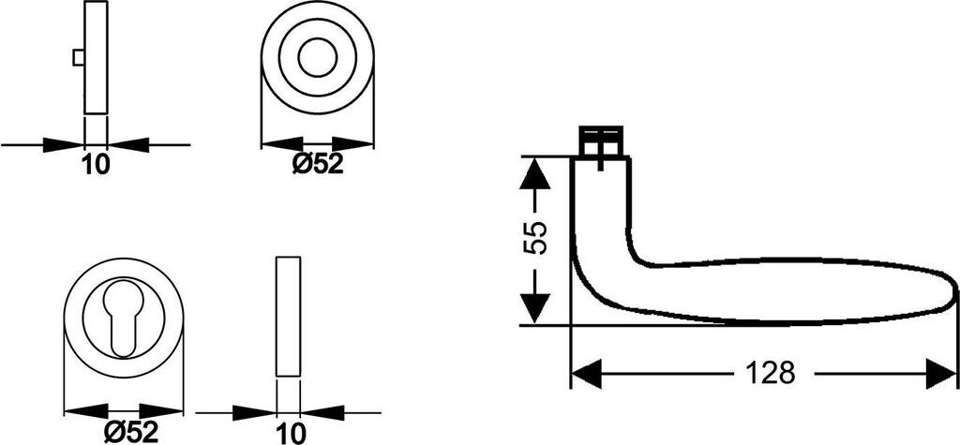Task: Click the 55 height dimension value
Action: (533, 240)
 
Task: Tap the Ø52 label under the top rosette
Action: (319, 165)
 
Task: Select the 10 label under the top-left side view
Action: (96, 165)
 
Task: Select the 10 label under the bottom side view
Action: (292, 432)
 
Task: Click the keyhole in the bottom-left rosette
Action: (124, 319)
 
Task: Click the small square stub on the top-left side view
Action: (78, 58)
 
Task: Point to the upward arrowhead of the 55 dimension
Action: (534, 173)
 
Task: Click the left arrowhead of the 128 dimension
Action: (586, 374)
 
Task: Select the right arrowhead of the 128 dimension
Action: (940, 374)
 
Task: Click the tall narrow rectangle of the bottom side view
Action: (289, 316)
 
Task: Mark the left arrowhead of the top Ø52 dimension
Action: (278, 144)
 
